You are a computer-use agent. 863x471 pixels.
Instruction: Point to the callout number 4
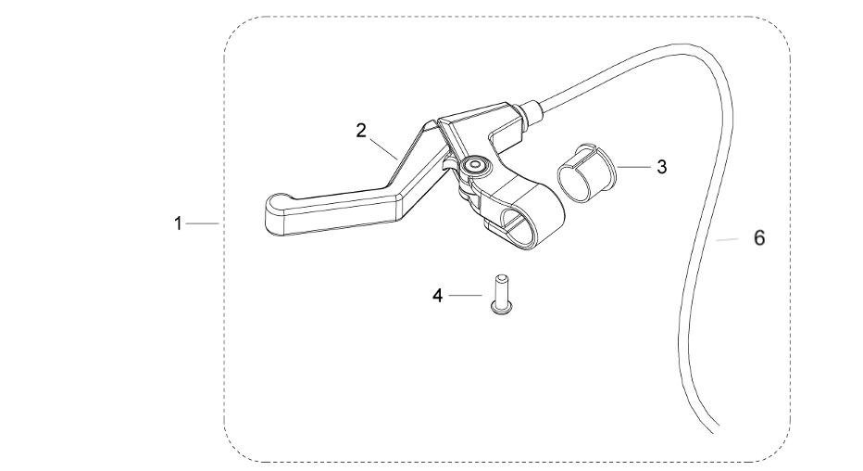(x=439, y=297)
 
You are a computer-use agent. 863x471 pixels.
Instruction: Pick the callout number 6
(x=758, y=238)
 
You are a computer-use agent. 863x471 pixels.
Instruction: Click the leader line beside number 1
(x=201, y=223)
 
